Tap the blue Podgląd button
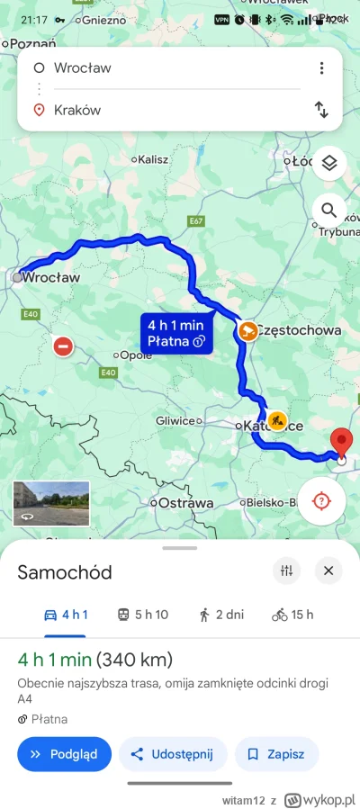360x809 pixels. (64, 754)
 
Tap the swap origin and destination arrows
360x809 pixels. (321, 110)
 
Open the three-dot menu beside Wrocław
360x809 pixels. (321, 68)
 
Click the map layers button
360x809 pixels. (329, 163)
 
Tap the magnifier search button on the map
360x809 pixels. (329, 211)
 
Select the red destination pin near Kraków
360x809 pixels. (341, 444)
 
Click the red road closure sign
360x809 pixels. (63, 346)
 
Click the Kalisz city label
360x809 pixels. (152, 159)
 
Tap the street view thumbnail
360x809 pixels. (51, 502)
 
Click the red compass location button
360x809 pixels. (321, 500)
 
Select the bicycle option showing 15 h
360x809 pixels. (292, 615)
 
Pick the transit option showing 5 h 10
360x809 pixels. (143, 615)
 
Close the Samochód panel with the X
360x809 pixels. (328, 571)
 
